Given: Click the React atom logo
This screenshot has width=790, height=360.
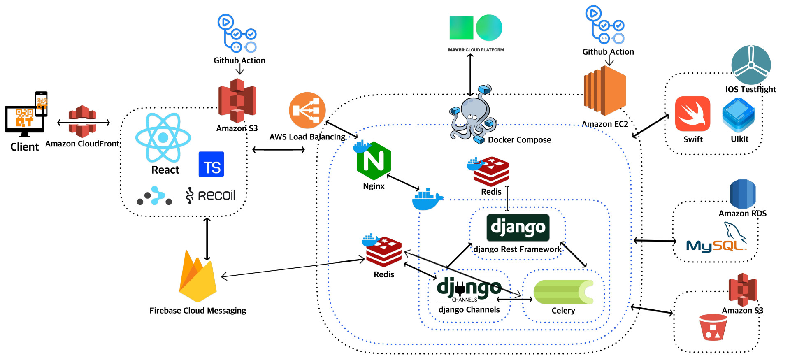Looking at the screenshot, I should (163, 137).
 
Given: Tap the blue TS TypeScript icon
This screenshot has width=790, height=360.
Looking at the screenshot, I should (211, 164).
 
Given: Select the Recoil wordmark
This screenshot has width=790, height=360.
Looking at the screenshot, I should (211, 195).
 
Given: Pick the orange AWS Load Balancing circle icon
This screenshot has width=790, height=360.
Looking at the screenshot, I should (307, 110).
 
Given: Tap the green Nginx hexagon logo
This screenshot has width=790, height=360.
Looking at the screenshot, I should (374, 161).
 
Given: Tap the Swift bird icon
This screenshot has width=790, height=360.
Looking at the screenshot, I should (692, 114).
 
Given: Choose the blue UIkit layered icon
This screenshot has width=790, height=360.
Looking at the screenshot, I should (739, 115).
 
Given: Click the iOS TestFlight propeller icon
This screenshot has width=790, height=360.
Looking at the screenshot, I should (751, 65).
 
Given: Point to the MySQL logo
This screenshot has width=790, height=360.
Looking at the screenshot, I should (716, 240).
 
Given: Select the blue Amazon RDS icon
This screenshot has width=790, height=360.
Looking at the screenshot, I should (742, 193).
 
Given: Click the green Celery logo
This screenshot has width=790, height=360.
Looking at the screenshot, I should (563, 292).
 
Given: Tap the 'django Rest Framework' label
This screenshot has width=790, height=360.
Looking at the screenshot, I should (517, 249).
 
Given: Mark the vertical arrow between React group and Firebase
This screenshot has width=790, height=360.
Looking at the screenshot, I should (207, 239).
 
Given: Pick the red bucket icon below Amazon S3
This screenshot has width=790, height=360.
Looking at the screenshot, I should (713, 327).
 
